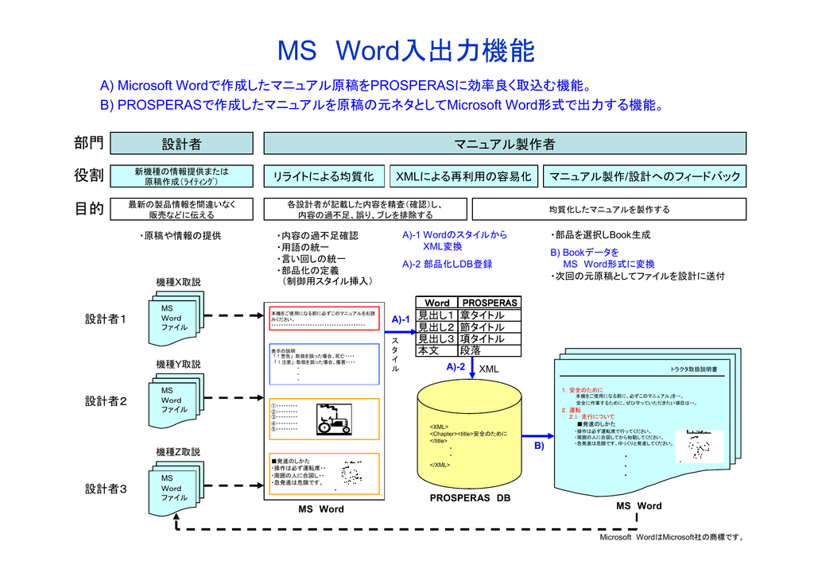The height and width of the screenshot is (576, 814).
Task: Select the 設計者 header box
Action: tap(181, 144)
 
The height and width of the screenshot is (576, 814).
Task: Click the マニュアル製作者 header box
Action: tap(505, 144)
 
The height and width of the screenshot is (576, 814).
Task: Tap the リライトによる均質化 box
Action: tap(324, 176)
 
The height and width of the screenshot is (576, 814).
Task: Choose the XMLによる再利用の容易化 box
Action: tap(463, 176)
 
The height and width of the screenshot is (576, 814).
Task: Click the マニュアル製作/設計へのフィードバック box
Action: tap(645, 176)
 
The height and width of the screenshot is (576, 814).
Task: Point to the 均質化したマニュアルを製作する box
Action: tap(609, 210)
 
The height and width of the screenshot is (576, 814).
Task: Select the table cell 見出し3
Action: tap(436, 338)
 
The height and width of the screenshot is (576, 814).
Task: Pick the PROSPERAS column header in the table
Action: tap(490, 303)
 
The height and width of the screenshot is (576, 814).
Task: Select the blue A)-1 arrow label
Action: tap(401, 319)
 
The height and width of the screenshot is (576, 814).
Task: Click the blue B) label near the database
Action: tap(538, 447)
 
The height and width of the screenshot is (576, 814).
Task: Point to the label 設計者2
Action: tap(107, 401)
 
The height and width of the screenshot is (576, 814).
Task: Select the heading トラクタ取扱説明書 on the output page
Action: tap(693, 369)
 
